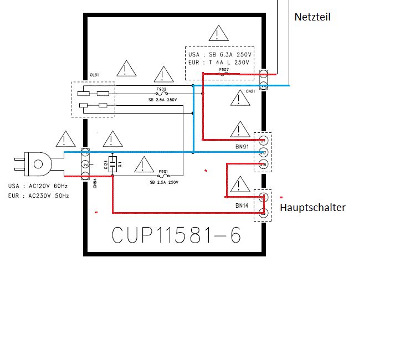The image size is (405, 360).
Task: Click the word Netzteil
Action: point(313,17)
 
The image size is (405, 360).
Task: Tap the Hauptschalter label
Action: point(312,208)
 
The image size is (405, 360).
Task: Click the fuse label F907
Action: point(224,70)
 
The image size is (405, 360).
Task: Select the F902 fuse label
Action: point(162,89)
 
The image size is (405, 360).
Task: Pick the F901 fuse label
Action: point(163,172)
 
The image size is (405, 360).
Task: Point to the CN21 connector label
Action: point(250,91)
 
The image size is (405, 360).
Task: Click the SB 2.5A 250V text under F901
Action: point(163,182)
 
